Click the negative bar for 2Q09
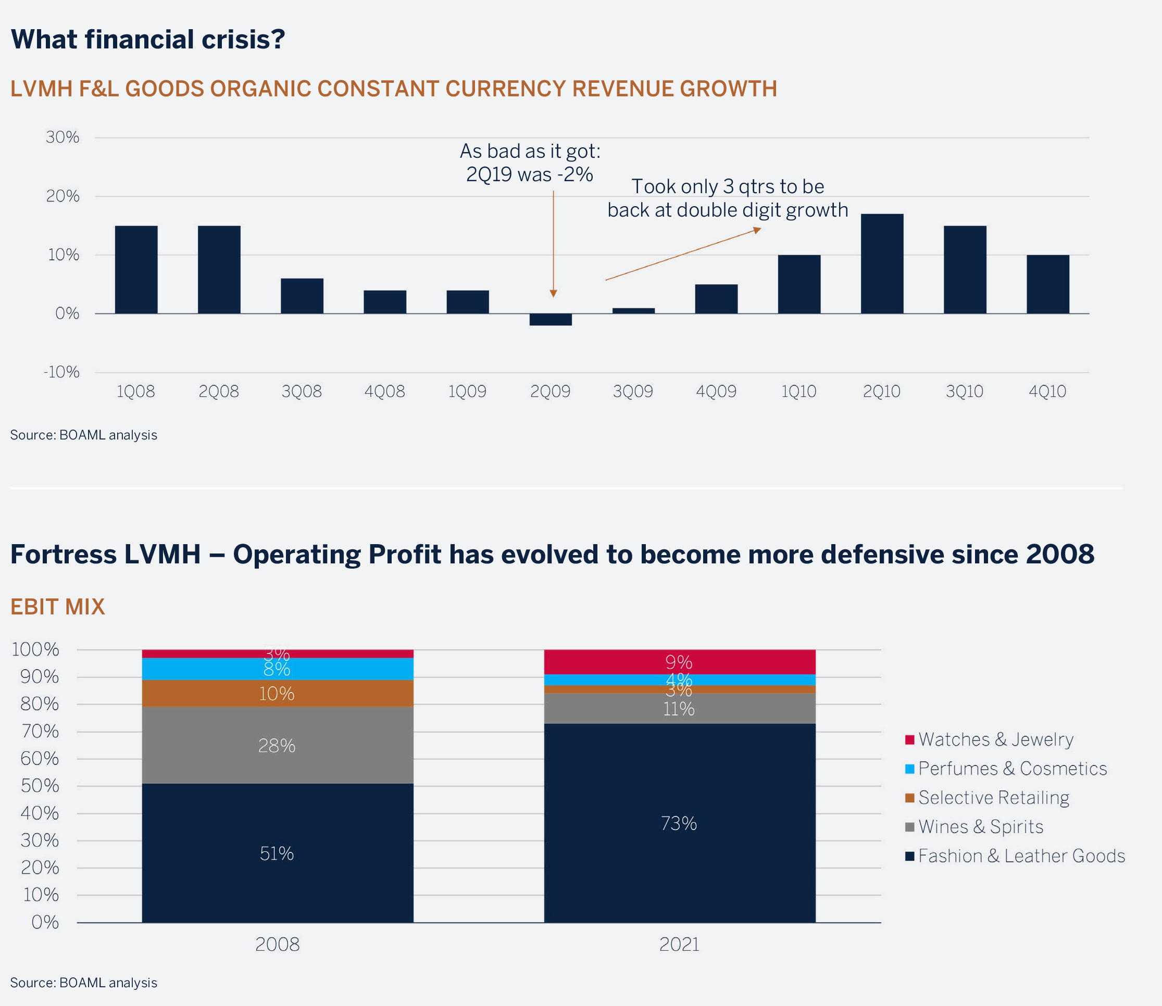click(551, 319)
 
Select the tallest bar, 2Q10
click(882, 264)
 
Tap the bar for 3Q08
click(302, 296)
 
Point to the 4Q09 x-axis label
click(716, 391)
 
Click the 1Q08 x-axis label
click(136, 391)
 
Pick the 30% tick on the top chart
click(63, 137)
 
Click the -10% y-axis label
click(62, 372)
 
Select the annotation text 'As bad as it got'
click(530, 151)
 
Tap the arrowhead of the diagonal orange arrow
click(758, 230)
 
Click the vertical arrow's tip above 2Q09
click(553, 294)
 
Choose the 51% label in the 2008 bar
click(277, 854)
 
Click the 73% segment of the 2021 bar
click(679, 824)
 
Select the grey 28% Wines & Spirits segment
click(277, 746)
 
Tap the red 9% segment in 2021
click(679, 662)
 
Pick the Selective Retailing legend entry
click(993, 798)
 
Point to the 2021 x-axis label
click(679, 945)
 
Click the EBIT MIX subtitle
click(58, 607)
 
